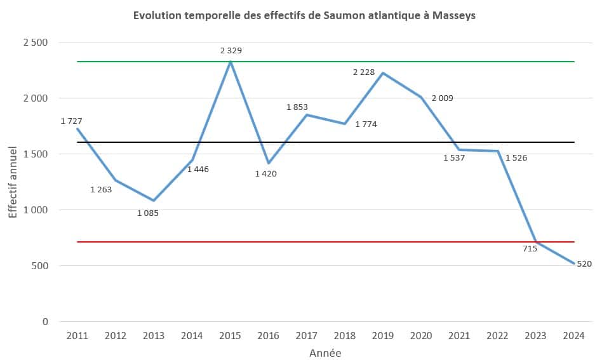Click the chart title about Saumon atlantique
click(304, 16)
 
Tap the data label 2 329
click(231, 50)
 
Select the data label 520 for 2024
click(584, 264)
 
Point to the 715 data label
click(530, 248)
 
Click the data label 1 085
click(148, 213)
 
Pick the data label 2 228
click(364, 72)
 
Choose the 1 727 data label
click(72, 121)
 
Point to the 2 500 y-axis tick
click(36, 43)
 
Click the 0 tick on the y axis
click(44, 321)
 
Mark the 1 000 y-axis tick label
click(36, 210)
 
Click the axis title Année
click(325, 352)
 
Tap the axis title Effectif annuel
click(13, 182)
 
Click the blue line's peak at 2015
click(230, 62)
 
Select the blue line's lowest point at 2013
click(154, 201)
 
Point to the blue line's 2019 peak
click(383, 73)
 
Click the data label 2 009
click(443, 98)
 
